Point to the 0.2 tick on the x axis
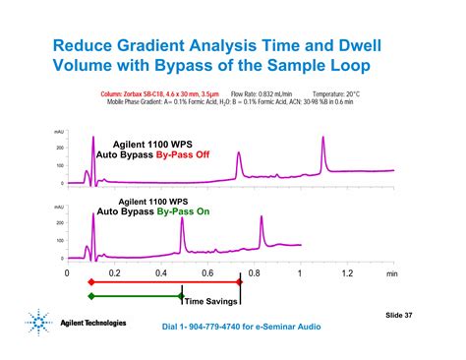(114, 273)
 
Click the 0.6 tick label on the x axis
(207, 273)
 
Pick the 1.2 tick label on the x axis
(347, 273)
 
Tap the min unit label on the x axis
(392, 274)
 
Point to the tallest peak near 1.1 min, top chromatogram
(323, 138)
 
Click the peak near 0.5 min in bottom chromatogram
(182, 219)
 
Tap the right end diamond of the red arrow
(240, 281)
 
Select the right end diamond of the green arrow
(181, 295)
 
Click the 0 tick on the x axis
(67, 273)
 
